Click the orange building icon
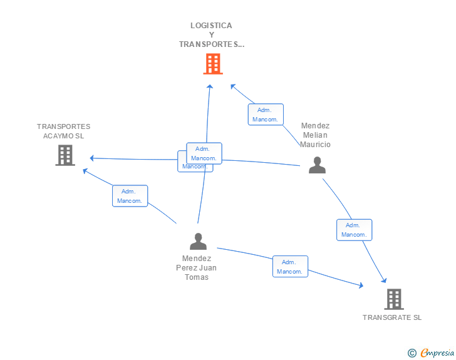point(213,63)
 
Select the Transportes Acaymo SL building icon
point(65,155)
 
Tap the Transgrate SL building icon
point(393,299)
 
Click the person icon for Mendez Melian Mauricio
point(318,165)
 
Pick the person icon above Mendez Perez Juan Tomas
point(198,241)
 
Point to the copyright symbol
point(412,353)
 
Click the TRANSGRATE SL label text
point(392,317)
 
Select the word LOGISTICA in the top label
point(211,26)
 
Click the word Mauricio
point(315,145)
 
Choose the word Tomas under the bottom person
point(197,277)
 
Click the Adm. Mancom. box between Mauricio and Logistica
point(266,115)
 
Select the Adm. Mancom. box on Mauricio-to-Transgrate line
point(354,230)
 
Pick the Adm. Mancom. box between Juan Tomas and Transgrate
point(290,267)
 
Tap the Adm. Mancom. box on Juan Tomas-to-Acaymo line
point(130,196)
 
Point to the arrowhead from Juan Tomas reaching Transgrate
point(361,285)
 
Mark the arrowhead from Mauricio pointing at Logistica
point(231,86)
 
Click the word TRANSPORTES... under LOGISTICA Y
point(211,44)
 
